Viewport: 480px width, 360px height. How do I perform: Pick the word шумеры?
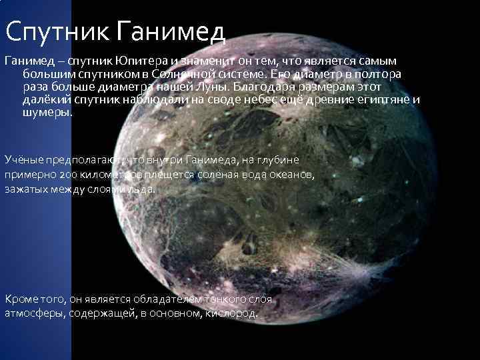(x=47, y=113)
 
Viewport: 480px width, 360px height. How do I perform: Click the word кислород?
(x=233, y=313)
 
